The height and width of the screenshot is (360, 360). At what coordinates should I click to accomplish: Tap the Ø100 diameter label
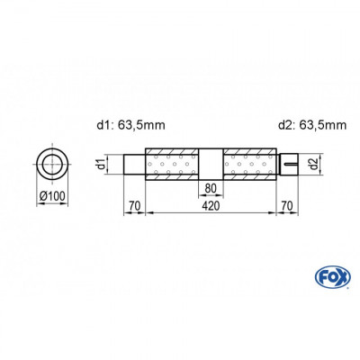pos(50,195)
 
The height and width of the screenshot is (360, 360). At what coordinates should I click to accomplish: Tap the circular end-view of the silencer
pos(50,164)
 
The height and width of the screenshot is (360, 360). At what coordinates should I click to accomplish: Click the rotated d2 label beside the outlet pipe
pos(310,164)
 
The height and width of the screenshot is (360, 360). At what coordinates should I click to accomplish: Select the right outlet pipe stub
pos(288,164)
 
